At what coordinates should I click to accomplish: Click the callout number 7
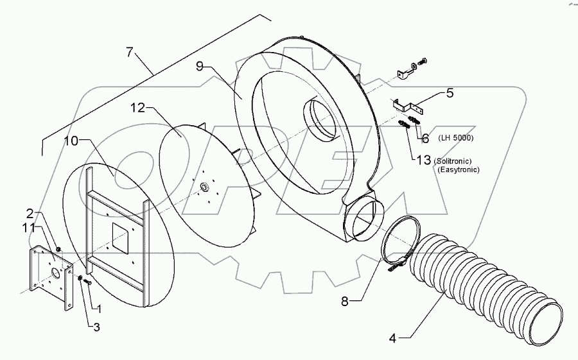(131, 52)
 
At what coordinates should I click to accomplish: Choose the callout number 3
(96, 327)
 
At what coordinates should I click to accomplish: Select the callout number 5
(449, 93)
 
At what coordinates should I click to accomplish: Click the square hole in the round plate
(119, 237)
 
